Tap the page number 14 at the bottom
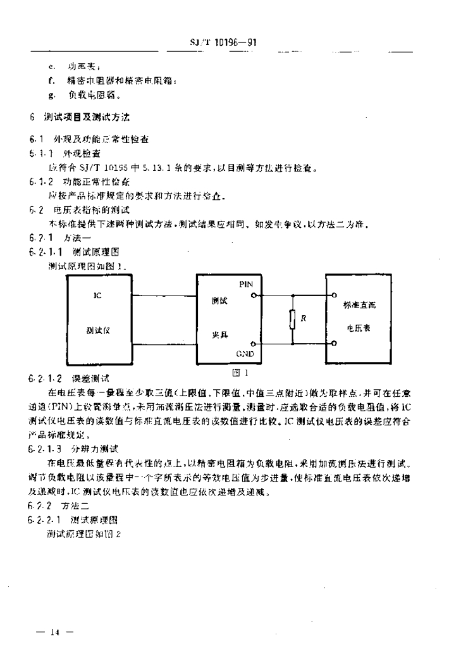56,632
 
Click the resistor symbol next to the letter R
292,320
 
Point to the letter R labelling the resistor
304,318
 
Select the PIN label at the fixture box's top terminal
246,285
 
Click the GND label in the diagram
245,353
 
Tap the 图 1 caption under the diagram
238,373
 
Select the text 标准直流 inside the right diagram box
359,305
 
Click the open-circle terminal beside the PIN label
254,295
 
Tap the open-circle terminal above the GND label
254,344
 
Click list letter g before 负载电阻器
50,96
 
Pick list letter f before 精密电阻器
50,80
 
